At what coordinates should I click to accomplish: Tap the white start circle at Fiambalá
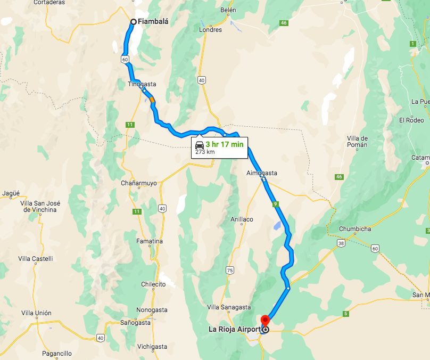click(134, 22)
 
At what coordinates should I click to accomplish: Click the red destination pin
click(265, 321)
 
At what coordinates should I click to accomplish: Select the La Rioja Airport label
click(234, 329)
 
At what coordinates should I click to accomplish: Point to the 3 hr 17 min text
click(224, 144)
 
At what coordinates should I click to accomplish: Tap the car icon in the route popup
click(200, 145)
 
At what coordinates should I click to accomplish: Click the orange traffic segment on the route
click(152, 99)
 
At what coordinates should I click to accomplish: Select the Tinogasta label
click(142, 84)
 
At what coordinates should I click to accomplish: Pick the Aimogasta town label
click(262, 173)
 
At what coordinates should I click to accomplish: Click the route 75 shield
click(230, 271)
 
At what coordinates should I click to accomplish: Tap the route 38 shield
click(340, 243)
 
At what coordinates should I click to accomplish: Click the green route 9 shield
click(275, 204)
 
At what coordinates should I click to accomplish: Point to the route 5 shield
click(346, 314)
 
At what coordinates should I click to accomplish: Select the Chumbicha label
click(355, 230)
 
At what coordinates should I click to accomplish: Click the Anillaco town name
click(242, 219)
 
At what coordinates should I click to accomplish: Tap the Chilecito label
click(153, 284)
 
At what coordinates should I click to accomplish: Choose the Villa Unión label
click(36, 313)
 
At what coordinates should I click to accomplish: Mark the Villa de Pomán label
click(357, 141)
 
